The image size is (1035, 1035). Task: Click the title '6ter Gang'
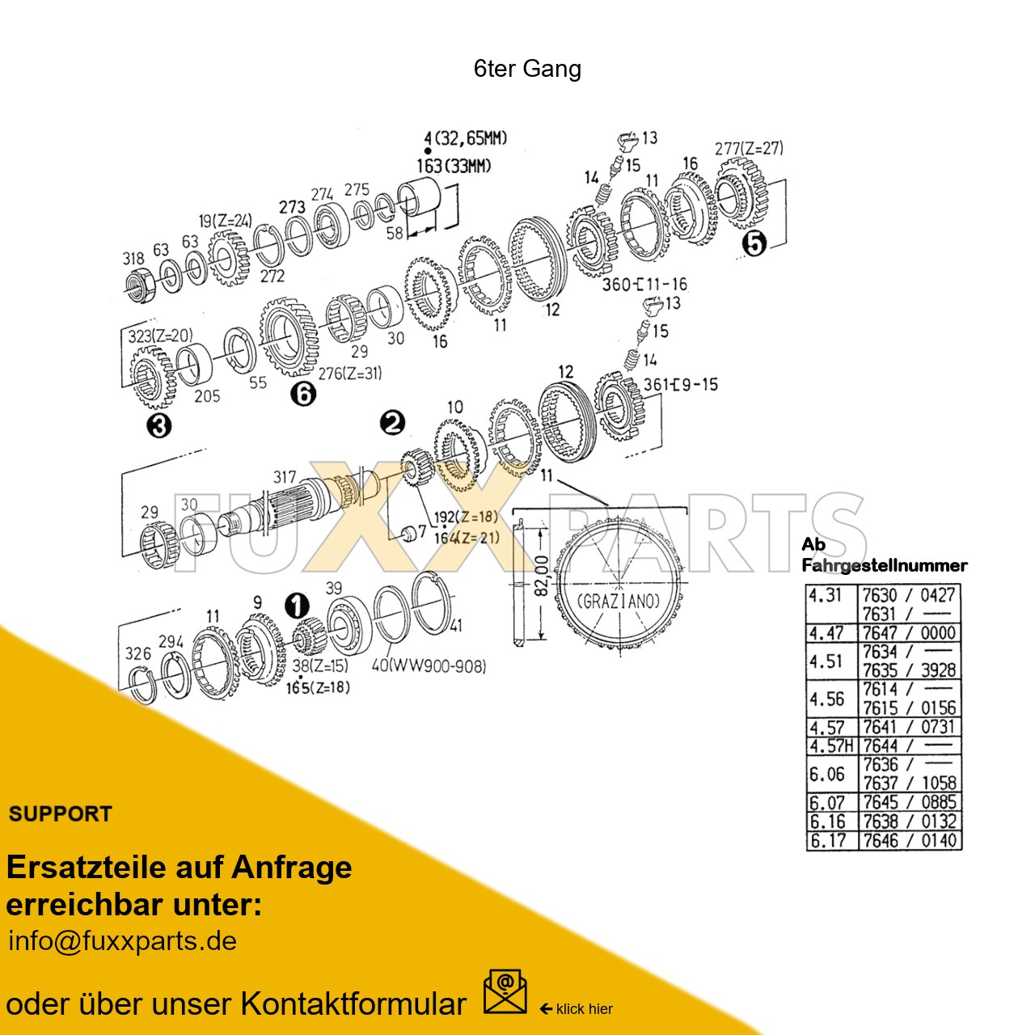click(527, 69)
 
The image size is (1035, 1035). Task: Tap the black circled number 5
click(754, 243)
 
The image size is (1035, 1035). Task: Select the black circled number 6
click(303, 394)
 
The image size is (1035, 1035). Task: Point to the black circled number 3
click(159, 425)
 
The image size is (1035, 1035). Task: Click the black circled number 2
click(392, 422)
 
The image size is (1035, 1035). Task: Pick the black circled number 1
click(297, 605)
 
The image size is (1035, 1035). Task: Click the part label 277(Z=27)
click(749, 149)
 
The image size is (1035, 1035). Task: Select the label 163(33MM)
click(454, 166)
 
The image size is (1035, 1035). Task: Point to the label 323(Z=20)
click(161, 336)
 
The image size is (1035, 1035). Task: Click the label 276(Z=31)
click(349, 374)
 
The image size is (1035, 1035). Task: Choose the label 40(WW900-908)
click(429, 667)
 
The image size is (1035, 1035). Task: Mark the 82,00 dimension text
click(543, 574)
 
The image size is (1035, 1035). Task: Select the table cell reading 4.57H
click(831, 746)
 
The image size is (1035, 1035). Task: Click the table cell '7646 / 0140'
click(909, 840)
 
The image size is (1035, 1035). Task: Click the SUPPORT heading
click(60, 814)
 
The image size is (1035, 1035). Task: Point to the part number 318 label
click(133, 259)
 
